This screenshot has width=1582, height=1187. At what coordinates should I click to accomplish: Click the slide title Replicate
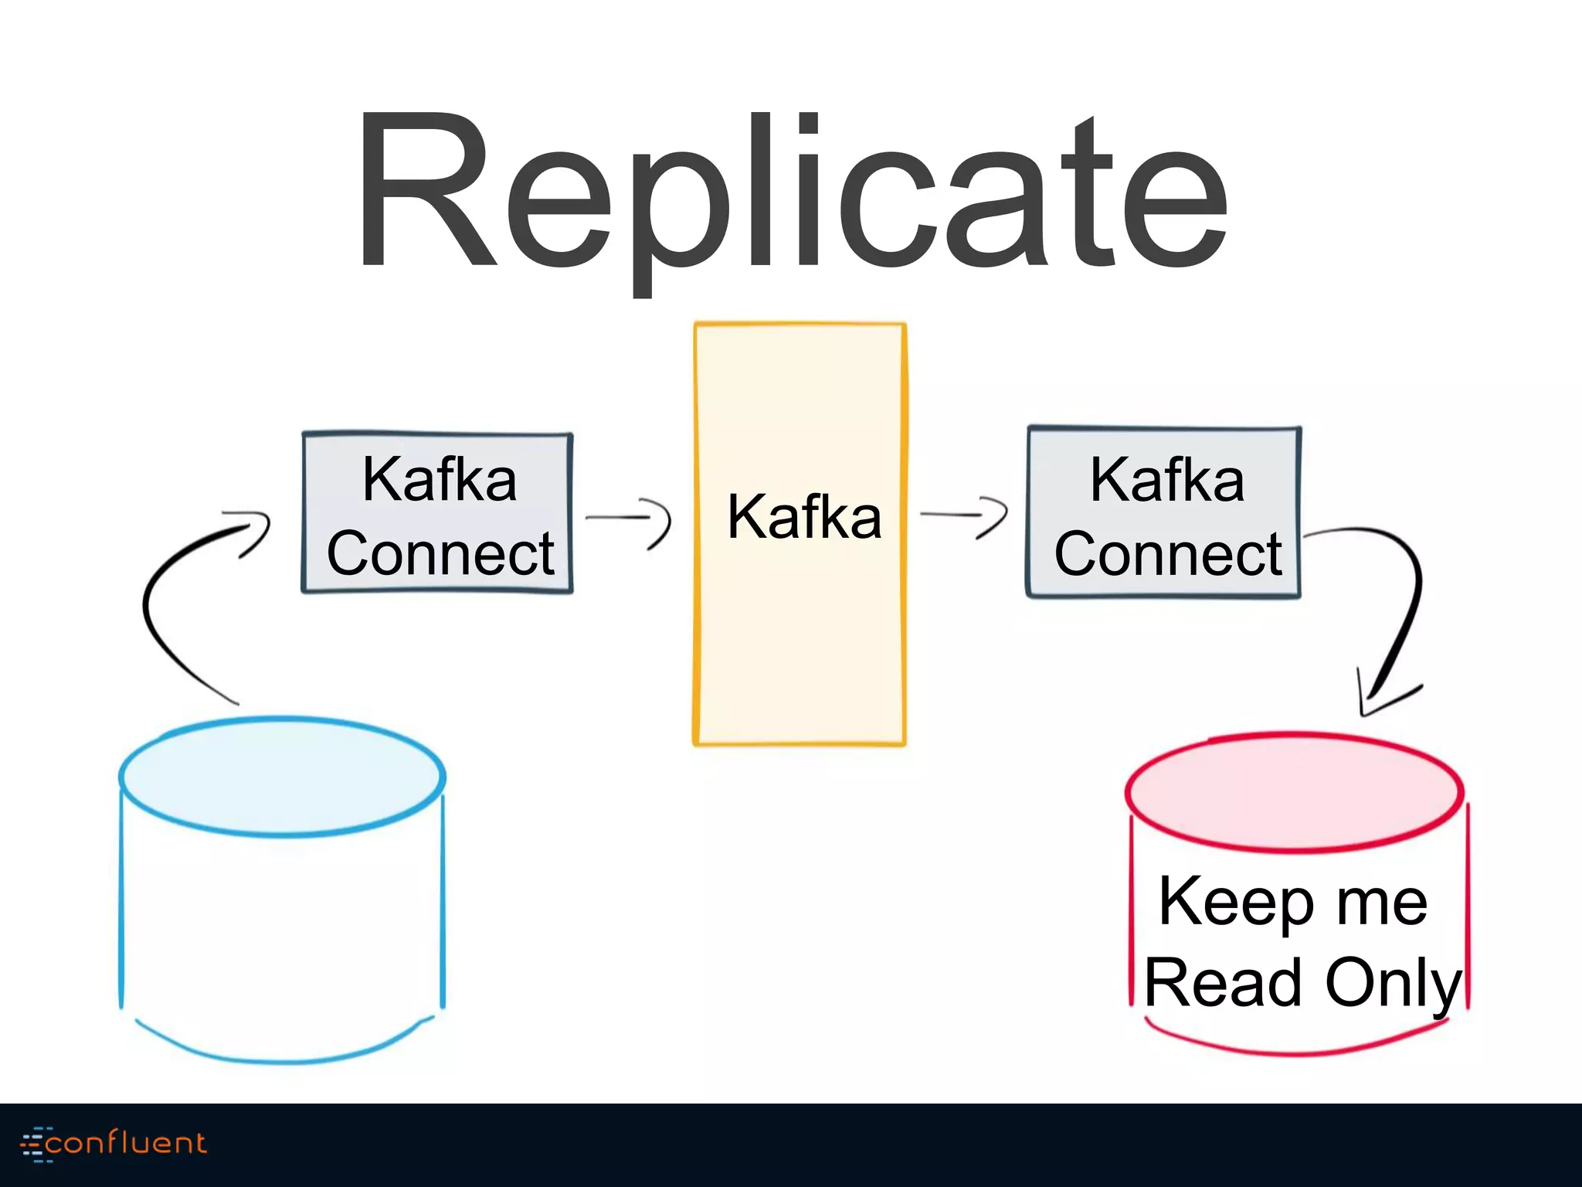click(x=791, y=193)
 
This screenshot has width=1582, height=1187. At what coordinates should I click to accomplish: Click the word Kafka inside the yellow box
click(x=803, y=517)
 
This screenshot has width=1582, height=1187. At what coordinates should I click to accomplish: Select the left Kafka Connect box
click(x=437, y=513)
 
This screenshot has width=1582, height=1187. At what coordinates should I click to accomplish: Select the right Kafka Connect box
click(x=1163, y=512)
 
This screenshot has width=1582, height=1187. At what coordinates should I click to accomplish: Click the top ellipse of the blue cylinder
click(x=282, y=776)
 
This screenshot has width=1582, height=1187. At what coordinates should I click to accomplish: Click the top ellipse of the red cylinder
click(x=1294, y=792)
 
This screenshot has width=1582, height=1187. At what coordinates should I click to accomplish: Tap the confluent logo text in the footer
click(x=126, y=1142)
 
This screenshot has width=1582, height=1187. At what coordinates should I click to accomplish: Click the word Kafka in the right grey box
click(x=1166, y=480)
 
